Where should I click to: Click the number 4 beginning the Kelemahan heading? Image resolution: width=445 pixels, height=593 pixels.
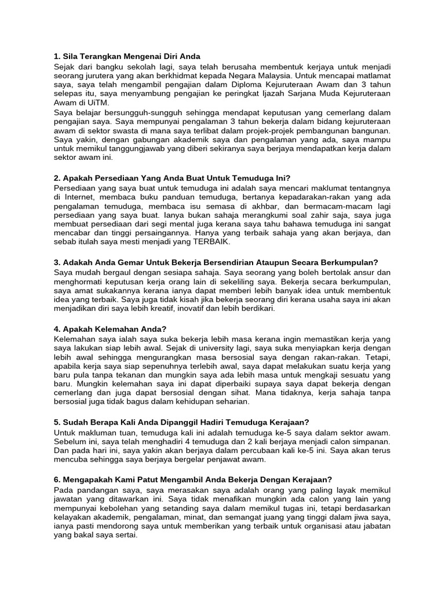coord(56,329)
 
